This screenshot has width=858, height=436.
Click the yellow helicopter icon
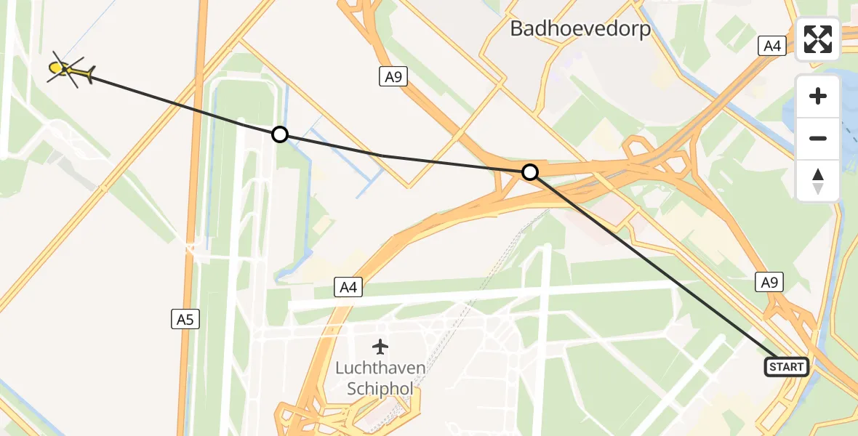click(x=69, y=71)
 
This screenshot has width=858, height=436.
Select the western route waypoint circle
click(x=280, y=134)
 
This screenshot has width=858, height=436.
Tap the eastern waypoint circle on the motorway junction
click(x=531, y=172)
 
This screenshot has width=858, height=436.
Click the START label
click(x=786, y=367)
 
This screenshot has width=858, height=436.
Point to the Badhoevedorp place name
click(x=580, y=29)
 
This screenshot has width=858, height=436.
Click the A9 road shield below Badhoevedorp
click(x=393, y=76)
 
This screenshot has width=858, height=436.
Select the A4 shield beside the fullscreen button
click(x=771, y=47)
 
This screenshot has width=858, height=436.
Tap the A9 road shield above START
click(x=770, y=282)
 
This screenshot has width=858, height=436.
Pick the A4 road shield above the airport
click(x=349, y=288)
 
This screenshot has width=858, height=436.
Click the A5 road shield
click(x=186, y=318)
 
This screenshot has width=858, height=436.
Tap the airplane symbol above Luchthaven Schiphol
click(x=380, y=347)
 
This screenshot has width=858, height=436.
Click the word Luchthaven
click(x=380, y=368)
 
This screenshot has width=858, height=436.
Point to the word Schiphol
click(x=380, y=389)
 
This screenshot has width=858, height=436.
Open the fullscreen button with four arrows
click(x=818, y=39)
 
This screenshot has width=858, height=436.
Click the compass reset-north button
click(x=818, y=181)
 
